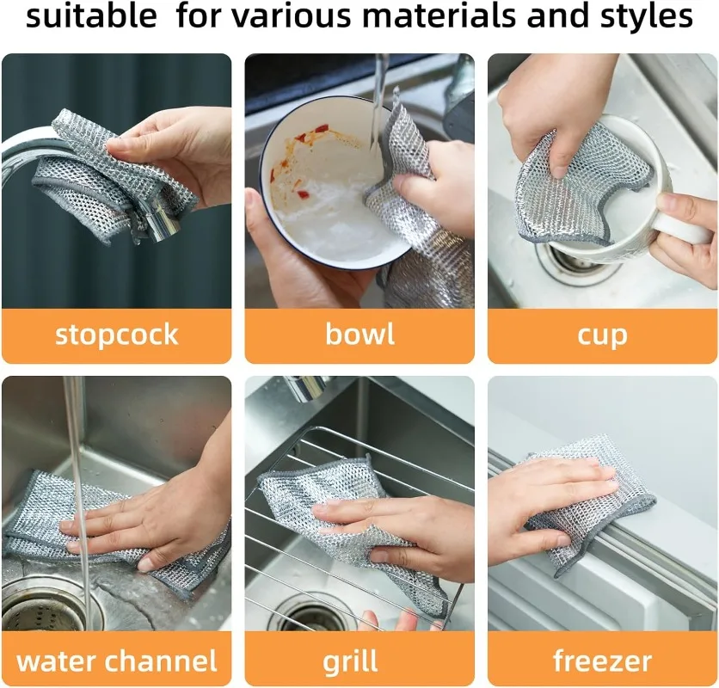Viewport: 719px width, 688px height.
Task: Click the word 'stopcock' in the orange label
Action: point(116,335)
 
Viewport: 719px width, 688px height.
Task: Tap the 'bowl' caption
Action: point(359,335)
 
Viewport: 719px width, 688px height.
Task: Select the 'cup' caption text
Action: point(602,335)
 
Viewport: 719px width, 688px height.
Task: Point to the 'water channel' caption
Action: point(116,660)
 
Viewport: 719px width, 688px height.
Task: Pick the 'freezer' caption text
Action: point(602,660)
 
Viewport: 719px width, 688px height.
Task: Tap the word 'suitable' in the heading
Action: point(91,16)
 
